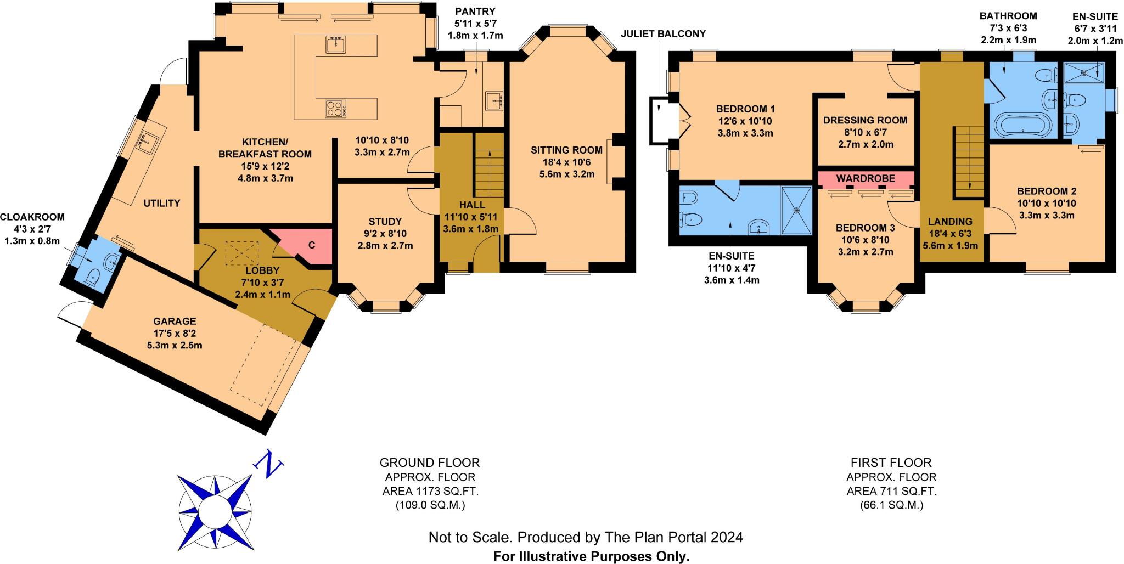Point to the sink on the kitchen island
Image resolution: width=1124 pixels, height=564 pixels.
pyautogui.click(x=335, y=44)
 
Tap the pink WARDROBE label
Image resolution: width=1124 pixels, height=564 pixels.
pyautogui.click(x=866, y=178)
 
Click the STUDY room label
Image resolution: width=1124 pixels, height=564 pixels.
pyautogui.click(x=385, y=222)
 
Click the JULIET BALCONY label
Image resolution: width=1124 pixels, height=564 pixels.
pyautogui.click(x=663, y=34)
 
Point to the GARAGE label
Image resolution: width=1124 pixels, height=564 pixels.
pyautogui.click(x=175, y=321)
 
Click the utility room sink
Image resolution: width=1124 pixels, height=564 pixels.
pyautogui.click(x=147, y=143)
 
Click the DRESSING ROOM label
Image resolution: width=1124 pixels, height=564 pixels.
pyautogui.click(x=865, y=120)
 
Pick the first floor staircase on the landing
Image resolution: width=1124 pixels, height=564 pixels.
pyautogui.click(x=969, y=161)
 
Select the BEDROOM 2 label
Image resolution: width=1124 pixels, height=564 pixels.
pyautogui.click(x=1047, y=191)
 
